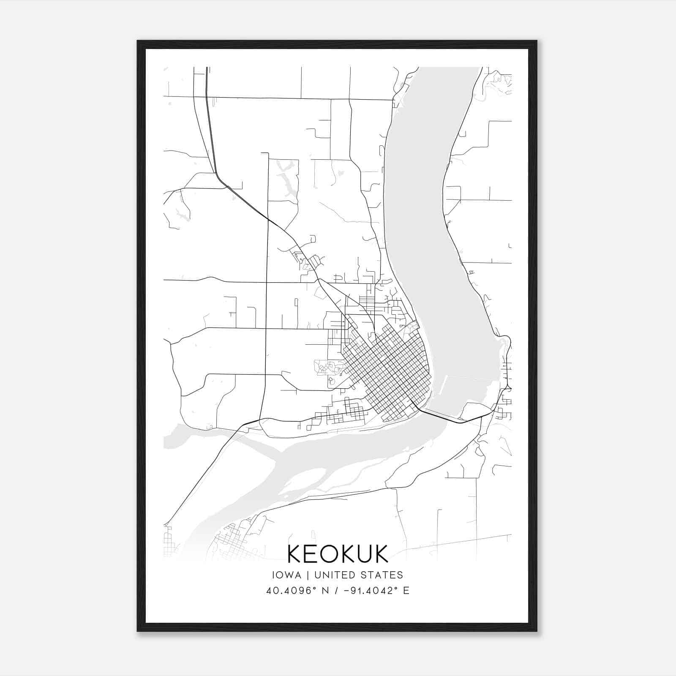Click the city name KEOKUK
(x=338, y=554)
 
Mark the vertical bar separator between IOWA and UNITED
(x=308, y=575)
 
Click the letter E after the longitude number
(x=406, y=591)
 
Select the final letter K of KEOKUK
(x=381, y=554)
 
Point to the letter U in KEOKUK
(x=364, y=554)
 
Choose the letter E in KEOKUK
(x=311, y=554)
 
